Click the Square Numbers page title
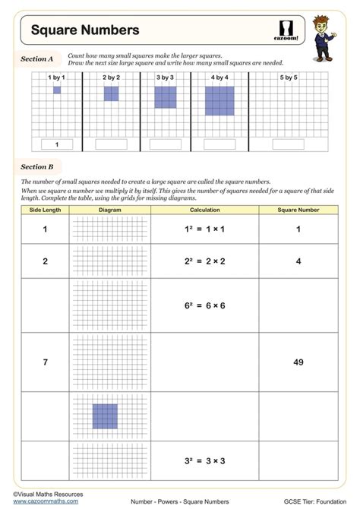click(x=85, y=30)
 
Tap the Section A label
click(x=36, y=58)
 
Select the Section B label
click(x=36, y=166)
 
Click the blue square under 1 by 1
click(x=57, y=90)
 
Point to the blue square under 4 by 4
click(x=219, y=100)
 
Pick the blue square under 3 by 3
click(x=166, y=97)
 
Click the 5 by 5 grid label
click(x=289, y=77)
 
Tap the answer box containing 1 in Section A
click(x=57, y=144)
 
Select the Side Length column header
click(x=45, y=210)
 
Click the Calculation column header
click(x=205, y=210)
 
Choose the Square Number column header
click(x=298, y=210)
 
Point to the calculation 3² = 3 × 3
click(x=205, y=460)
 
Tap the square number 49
click(x=298, y=362)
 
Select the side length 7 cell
click(x=45, y=362)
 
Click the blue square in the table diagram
click(x=105, y=416)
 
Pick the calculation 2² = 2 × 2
click(x=205, y=261)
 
